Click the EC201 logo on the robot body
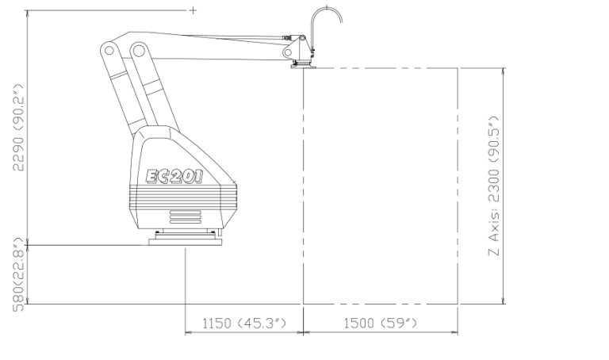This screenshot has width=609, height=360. click(174, 177)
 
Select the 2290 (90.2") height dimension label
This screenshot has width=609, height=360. click(18, 128)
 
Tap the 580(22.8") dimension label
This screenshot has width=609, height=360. click(18, 275)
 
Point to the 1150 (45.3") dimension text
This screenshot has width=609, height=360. click(244, 323)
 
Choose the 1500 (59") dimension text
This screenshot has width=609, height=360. click(381, 323)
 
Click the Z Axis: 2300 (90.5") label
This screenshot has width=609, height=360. click(494, 186)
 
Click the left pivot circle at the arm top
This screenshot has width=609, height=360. click(109, 50)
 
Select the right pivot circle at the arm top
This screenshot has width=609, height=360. click(138, 50)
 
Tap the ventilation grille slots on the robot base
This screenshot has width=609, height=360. click(186, 216)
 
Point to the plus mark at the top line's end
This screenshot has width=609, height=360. click(193, 10)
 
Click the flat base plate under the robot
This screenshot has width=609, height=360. click(186, 243)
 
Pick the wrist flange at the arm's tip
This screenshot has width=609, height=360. click(304, 66)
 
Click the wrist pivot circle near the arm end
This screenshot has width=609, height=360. click(288, 52)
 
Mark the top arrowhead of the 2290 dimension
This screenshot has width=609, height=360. click(27, 14)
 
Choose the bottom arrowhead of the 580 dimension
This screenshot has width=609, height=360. click(27, 300)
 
